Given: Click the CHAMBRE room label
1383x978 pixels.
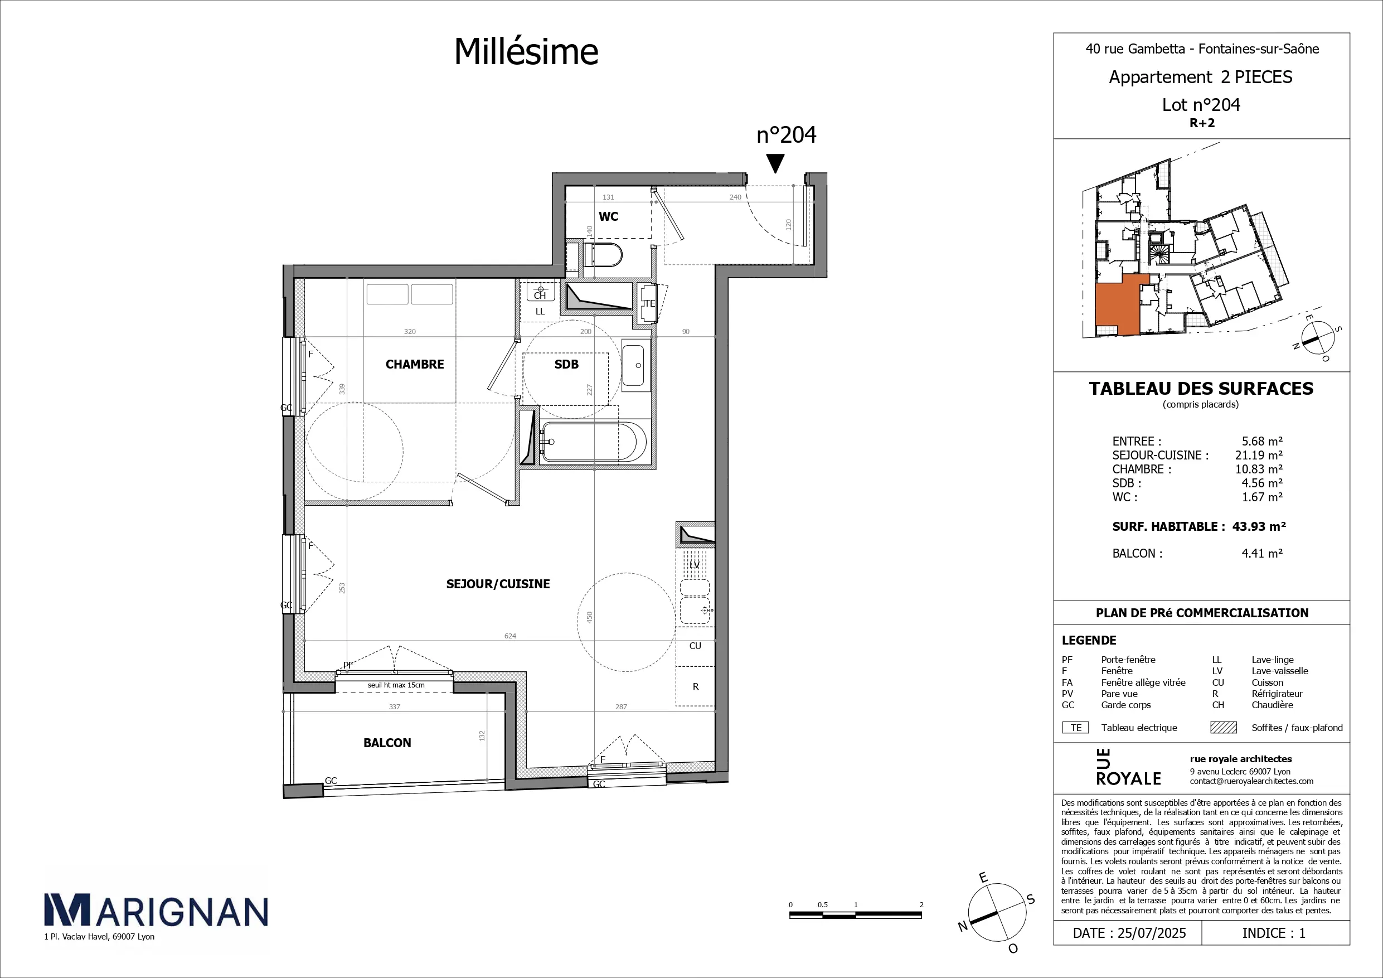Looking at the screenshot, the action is (414, 364).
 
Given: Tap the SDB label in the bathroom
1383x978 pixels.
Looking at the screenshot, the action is (566, 364).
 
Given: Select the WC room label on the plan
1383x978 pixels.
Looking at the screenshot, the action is (608, 216).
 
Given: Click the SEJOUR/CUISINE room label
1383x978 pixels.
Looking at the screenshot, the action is (498, 584).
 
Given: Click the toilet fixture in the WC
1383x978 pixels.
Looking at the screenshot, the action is (603, 255).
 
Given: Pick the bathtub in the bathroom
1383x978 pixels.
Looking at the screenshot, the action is (593, 442).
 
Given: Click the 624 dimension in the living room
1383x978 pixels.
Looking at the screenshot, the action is (510, 636).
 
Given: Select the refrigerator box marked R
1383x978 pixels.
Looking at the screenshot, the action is (695, 686).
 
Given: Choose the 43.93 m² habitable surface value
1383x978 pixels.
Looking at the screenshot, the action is (1259, 526).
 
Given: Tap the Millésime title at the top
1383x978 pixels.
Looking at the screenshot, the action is (526, 51).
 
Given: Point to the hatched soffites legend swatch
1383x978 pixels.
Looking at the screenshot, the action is (1224, 727).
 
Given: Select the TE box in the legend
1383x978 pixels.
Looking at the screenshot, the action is (1076, 727).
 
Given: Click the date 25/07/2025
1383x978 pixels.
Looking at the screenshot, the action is (1152, 933).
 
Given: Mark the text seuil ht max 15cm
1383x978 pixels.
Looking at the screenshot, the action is (396, 685).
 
